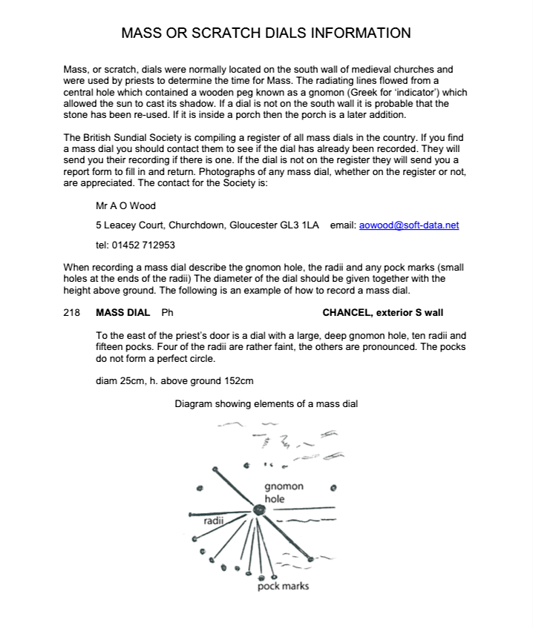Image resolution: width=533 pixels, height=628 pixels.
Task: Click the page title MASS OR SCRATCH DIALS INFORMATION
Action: (266, 33)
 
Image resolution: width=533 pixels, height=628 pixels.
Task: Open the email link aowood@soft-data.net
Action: (409, 225)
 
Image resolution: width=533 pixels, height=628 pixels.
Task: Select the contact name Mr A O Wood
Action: (126, 206)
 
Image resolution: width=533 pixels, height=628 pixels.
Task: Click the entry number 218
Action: (71, 313)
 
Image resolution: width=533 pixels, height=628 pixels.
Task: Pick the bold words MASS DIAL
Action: (123, 313)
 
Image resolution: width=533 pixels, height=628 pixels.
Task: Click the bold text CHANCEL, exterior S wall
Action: (383, 313)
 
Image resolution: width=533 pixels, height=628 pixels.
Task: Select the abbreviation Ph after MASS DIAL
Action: (167, 313)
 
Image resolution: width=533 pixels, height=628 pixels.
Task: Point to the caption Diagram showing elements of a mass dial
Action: (266, 404)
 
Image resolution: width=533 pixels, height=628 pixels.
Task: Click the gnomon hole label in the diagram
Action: (284, 492)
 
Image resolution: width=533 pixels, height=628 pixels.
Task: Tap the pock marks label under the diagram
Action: (283, 586)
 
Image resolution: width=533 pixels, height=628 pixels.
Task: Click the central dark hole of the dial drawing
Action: (258, 510)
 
